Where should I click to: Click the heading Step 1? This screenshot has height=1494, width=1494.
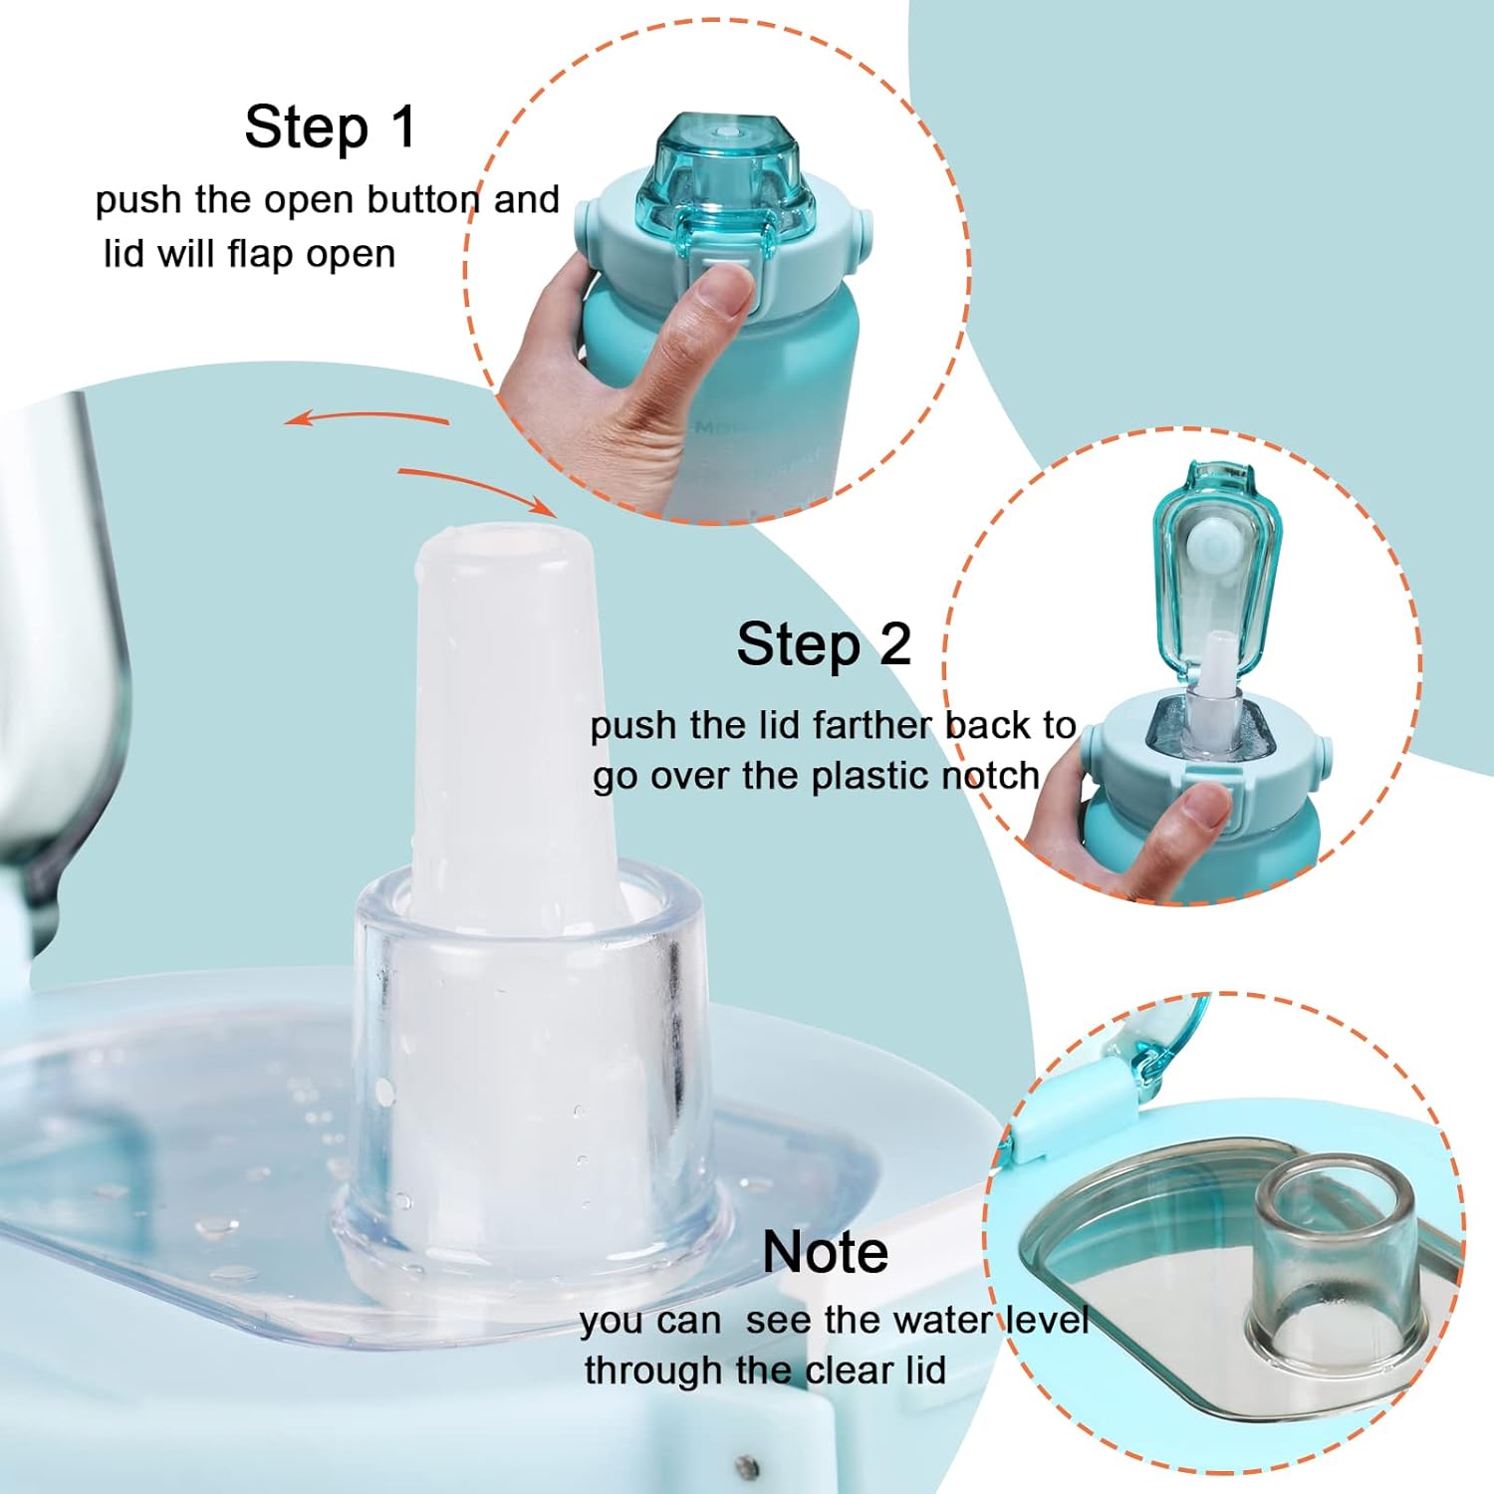330,127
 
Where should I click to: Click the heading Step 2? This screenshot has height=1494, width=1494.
824,643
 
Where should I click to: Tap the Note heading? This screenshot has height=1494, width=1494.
825,1251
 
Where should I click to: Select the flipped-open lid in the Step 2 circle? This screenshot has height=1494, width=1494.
1216,568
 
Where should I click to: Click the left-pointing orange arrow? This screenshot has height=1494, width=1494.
365,417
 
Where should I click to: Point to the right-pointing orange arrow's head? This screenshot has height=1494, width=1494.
538,506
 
